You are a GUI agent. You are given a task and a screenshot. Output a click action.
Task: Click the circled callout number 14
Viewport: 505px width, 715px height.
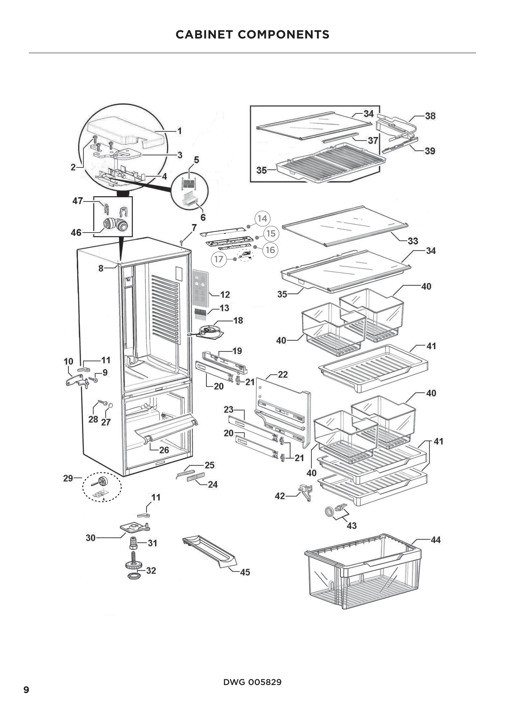coord(263,218)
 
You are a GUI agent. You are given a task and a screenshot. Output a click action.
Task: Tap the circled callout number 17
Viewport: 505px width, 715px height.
coord(219,259)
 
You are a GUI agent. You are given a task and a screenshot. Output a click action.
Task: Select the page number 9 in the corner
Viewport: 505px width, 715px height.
coord(27,690)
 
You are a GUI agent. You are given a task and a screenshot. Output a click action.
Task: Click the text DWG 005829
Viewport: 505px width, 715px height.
coord(252,682)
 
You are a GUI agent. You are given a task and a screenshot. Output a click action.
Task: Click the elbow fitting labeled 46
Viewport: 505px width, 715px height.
coord(115,224)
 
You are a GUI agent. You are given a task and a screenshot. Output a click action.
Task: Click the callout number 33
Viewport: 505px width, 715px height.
coord(413,241)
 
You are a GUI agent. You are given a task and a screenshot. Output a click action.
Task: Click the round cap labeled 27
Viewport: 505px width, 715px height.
coord(110,405)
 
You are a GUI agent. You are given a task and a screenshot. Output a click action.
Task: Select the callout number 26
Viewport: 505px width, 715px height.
coord(164,450)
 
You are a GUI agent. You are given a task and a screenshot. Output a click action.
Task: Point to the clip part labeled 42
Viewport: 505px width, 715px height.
coord(305,492)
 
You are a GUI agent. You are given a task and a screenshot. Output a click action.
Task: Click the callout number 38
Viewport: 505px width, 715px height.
coord(430,116)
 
